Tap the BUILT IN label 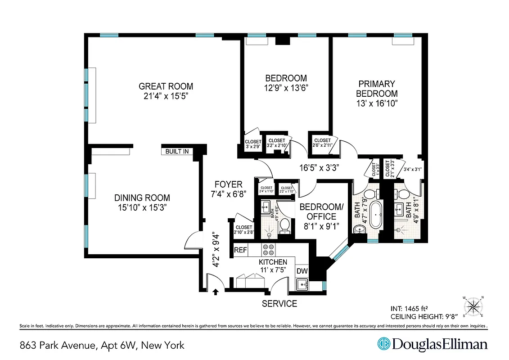coord(177,151)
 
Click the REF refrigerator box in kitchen coord(240,250)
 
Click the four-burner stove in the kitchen coord(269,249)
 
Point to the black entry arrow coord(216,292)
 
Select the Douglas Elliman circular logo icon coord(383,344)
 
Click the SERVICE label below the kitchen coord(279,304)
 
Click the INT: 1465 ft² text coord(410,309)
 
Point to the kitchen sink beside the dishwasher coord(302,284)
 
